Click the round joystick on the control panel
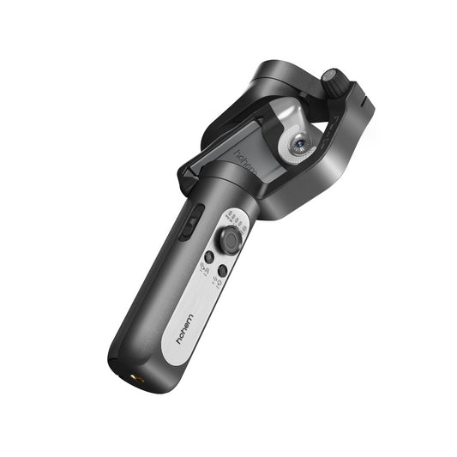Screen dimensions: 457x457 (229, 240)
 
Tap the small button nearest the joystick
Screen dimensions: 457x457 (208, 256)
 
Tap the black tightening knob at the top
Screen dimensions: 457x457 (334, 83)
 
